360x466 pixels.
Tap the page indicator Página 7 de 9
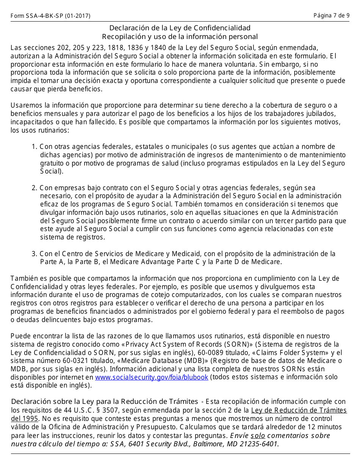(331, 16)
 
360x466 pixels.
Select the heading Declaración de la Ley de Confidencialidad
(180, 28)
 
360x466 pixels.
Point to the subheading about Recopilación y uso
(180, 37)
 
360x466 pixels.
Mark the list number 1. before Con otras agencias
(34, 147)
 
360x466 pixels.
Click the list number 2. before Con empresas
(34, 188)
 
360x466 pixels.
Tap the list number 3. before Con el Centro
(34, 254)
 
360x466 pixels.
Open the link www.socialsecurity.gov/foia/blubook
(152, 377)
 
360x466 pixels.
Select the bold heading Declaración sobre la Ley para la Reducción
(105, 402)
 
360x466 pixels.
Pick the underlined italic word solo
(258, 436)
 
